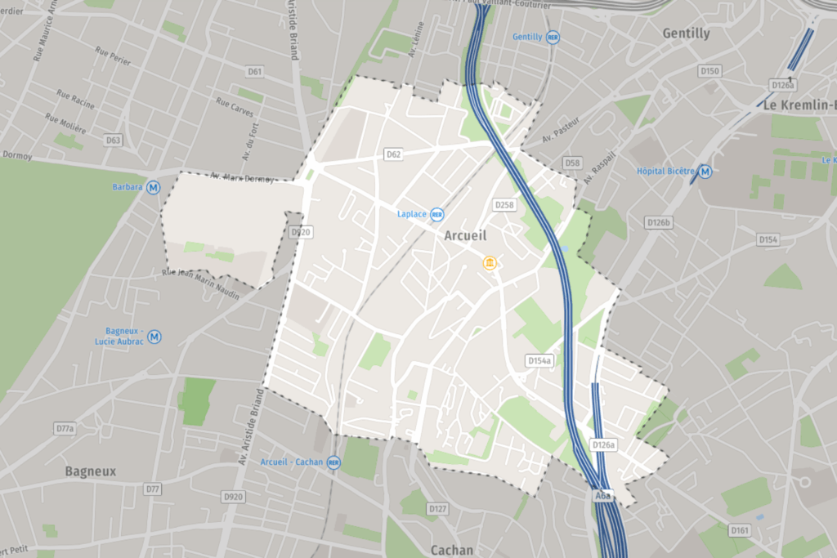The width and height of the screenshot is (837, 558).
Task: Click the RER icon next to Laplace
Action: coord(438,214)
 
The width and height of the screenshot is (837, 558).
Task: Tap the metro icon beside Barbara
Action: coord(154,187)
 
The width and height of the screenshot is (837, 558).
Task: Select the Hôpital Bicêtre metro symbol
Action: coord(705,172)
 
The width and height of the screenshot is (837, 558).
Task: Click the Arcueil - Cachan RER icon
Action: coord(333,462)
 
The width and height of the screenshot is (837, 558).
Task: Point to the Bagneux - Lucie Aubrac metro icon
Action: coord(154,336)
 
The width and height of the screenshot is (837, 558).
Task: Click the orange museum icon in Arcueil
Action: coord(490,262)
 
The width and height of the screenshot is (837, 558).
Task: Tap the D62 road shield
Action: coord(394,154)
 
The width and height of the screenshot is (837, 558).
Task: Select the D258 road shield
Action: coord(504,204)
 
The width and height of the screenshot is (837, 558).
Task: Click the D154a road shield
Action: coord(539,360)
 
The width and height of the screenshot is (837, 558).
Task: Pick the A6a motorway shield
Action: coord(603,494)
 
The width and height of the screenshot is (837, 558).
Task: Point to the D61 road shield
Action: coord(256,72)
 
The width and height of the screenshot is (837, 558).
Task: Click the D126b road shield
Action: coord(658,222)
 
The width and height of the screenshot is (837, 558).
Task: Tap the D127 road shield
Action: coord(437,509)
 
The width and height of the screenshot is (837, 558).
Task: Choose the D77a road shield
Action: coord(65,428)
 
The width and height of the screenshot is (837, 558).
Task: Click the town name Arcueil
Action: coord(465,235)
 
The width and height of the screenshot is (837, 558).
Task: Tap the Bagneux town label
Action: coord(91,471)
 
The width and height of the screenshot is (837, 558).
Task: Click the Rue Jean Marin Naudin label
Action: coord(201,284)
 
